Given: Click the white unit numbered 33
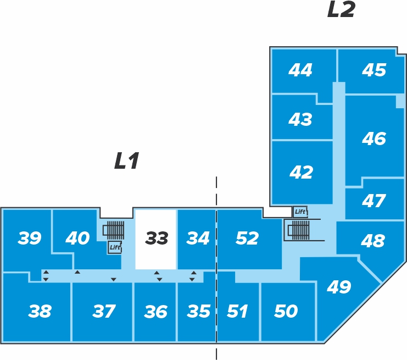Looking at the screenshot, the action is pos(155,240).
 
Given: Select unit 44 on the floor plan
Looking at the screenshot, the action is pos(304,71).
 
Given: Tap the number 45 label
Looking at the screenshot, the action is pos(374,70).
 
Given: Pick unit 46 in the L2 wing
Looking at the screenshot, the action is pos(374,140).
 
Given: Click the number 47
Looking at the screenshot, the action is pos(374,201).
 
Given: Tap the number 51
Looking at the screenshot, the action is pos(237,311).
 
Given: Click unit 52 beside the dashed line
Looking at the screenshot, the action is pos(249,240).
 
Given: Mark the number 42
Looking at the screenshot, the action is pos(301,172).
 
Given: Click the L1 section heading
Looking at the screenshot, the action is pos(127,161).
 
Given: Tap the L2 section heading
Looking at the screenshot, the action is pos(341,9).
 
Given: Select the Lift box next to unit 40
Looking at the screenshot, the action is pos(115,247).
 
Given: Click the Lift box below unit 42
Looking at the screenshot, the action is pos(300,212).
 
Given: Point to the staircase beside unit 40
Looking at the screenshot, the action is pos(114,230).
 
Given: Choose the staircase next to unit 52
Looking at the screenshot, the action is pos(298,230).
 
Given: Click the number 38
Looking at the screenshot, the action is pos(40,311).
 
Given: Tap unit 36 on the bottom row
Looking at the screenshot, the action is pos(155,312).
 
